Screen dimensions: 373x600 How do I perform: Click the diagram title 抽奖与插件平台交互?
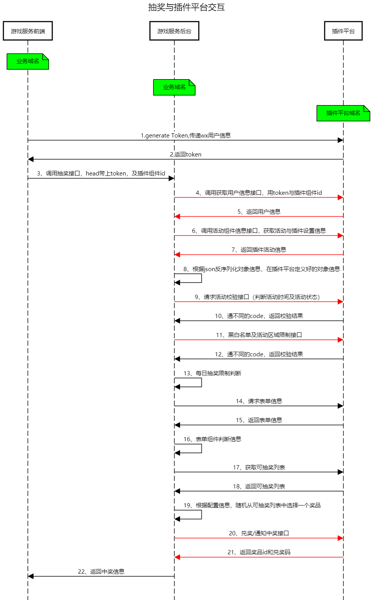(x=186, y=7)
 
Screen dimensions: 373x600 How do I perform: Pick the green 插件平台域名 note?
(x=343, y=113)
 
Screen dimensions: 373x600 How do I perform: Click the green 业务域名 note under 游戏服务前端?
(x=28, y=62)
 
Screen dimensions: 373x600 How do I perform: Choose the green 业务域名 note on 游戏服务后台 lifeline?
(x=174, y=87)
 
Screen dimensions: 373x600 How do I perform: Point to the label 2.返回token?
(x=186, y=155)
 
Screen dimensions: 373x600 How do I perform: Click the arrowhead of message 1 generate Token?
(x=340, y=140)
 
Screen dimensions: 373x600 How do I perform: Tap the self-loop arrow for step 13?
(x=201, y=382)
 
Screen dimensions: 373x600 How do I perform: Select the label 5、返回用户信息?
(x=259, y=212)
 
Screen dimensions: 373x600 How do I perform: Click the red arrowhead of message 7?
(x=177, y=255)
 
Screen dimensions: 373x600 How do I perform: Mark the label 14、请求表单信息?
(x=259, y=401)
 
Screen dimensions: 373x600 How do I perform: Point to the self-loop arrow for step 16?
(x=201, y=449)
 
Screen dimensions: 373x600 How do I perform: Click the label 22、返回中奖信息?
(x=101, y=572)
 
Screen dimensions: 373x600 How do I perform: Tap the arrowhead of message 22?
(x=31, y=576)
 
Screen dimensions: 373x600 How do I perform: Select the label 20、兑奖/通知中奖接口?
(x=259, y=533)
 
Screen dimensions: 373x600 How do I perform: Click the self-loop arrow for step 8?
(x=201, y=278)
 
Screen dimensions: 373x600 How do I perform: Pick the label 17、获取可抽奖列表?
(x=259, y=468)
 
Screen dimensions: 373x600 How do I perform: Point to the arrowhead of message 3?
(x=171, y=179)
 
